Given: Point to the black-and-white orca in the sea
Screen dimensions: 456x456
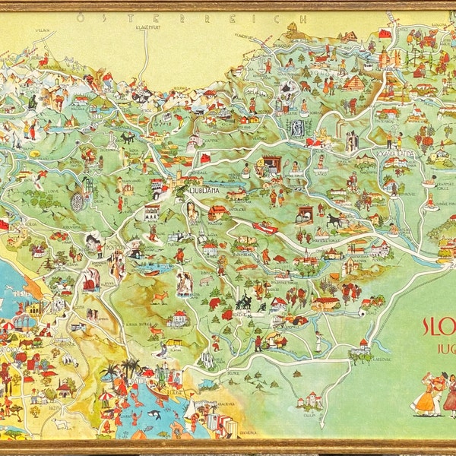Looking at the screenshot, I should (154, 415).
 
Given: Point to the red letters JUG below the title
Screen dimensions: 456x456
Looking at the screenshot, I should (442, 354).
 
